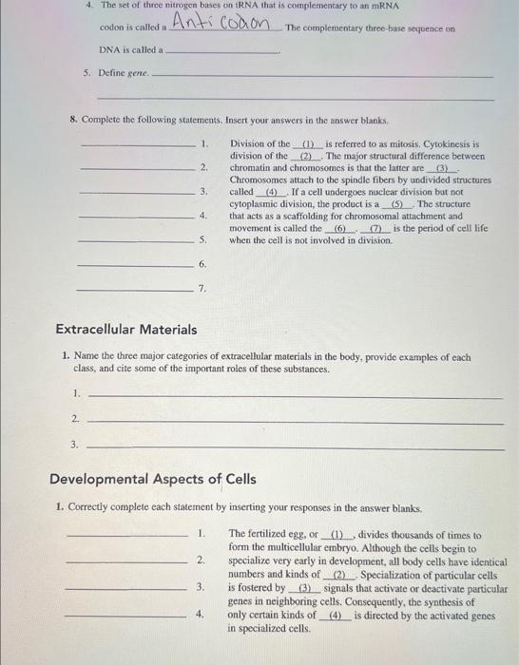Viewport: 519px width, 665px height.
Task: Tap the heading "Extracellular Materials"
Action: (126, 330)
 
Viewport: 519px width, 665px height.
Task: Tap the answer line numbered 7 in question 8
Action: (134, 288)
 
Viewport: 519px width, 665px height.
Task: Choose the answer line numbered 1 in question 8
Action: (141, 144)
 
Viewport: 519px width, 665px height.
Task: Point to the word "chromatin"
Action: (252, 168)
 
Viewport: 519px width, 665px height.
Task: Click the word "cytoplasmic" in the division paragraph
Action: (258, 204)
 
